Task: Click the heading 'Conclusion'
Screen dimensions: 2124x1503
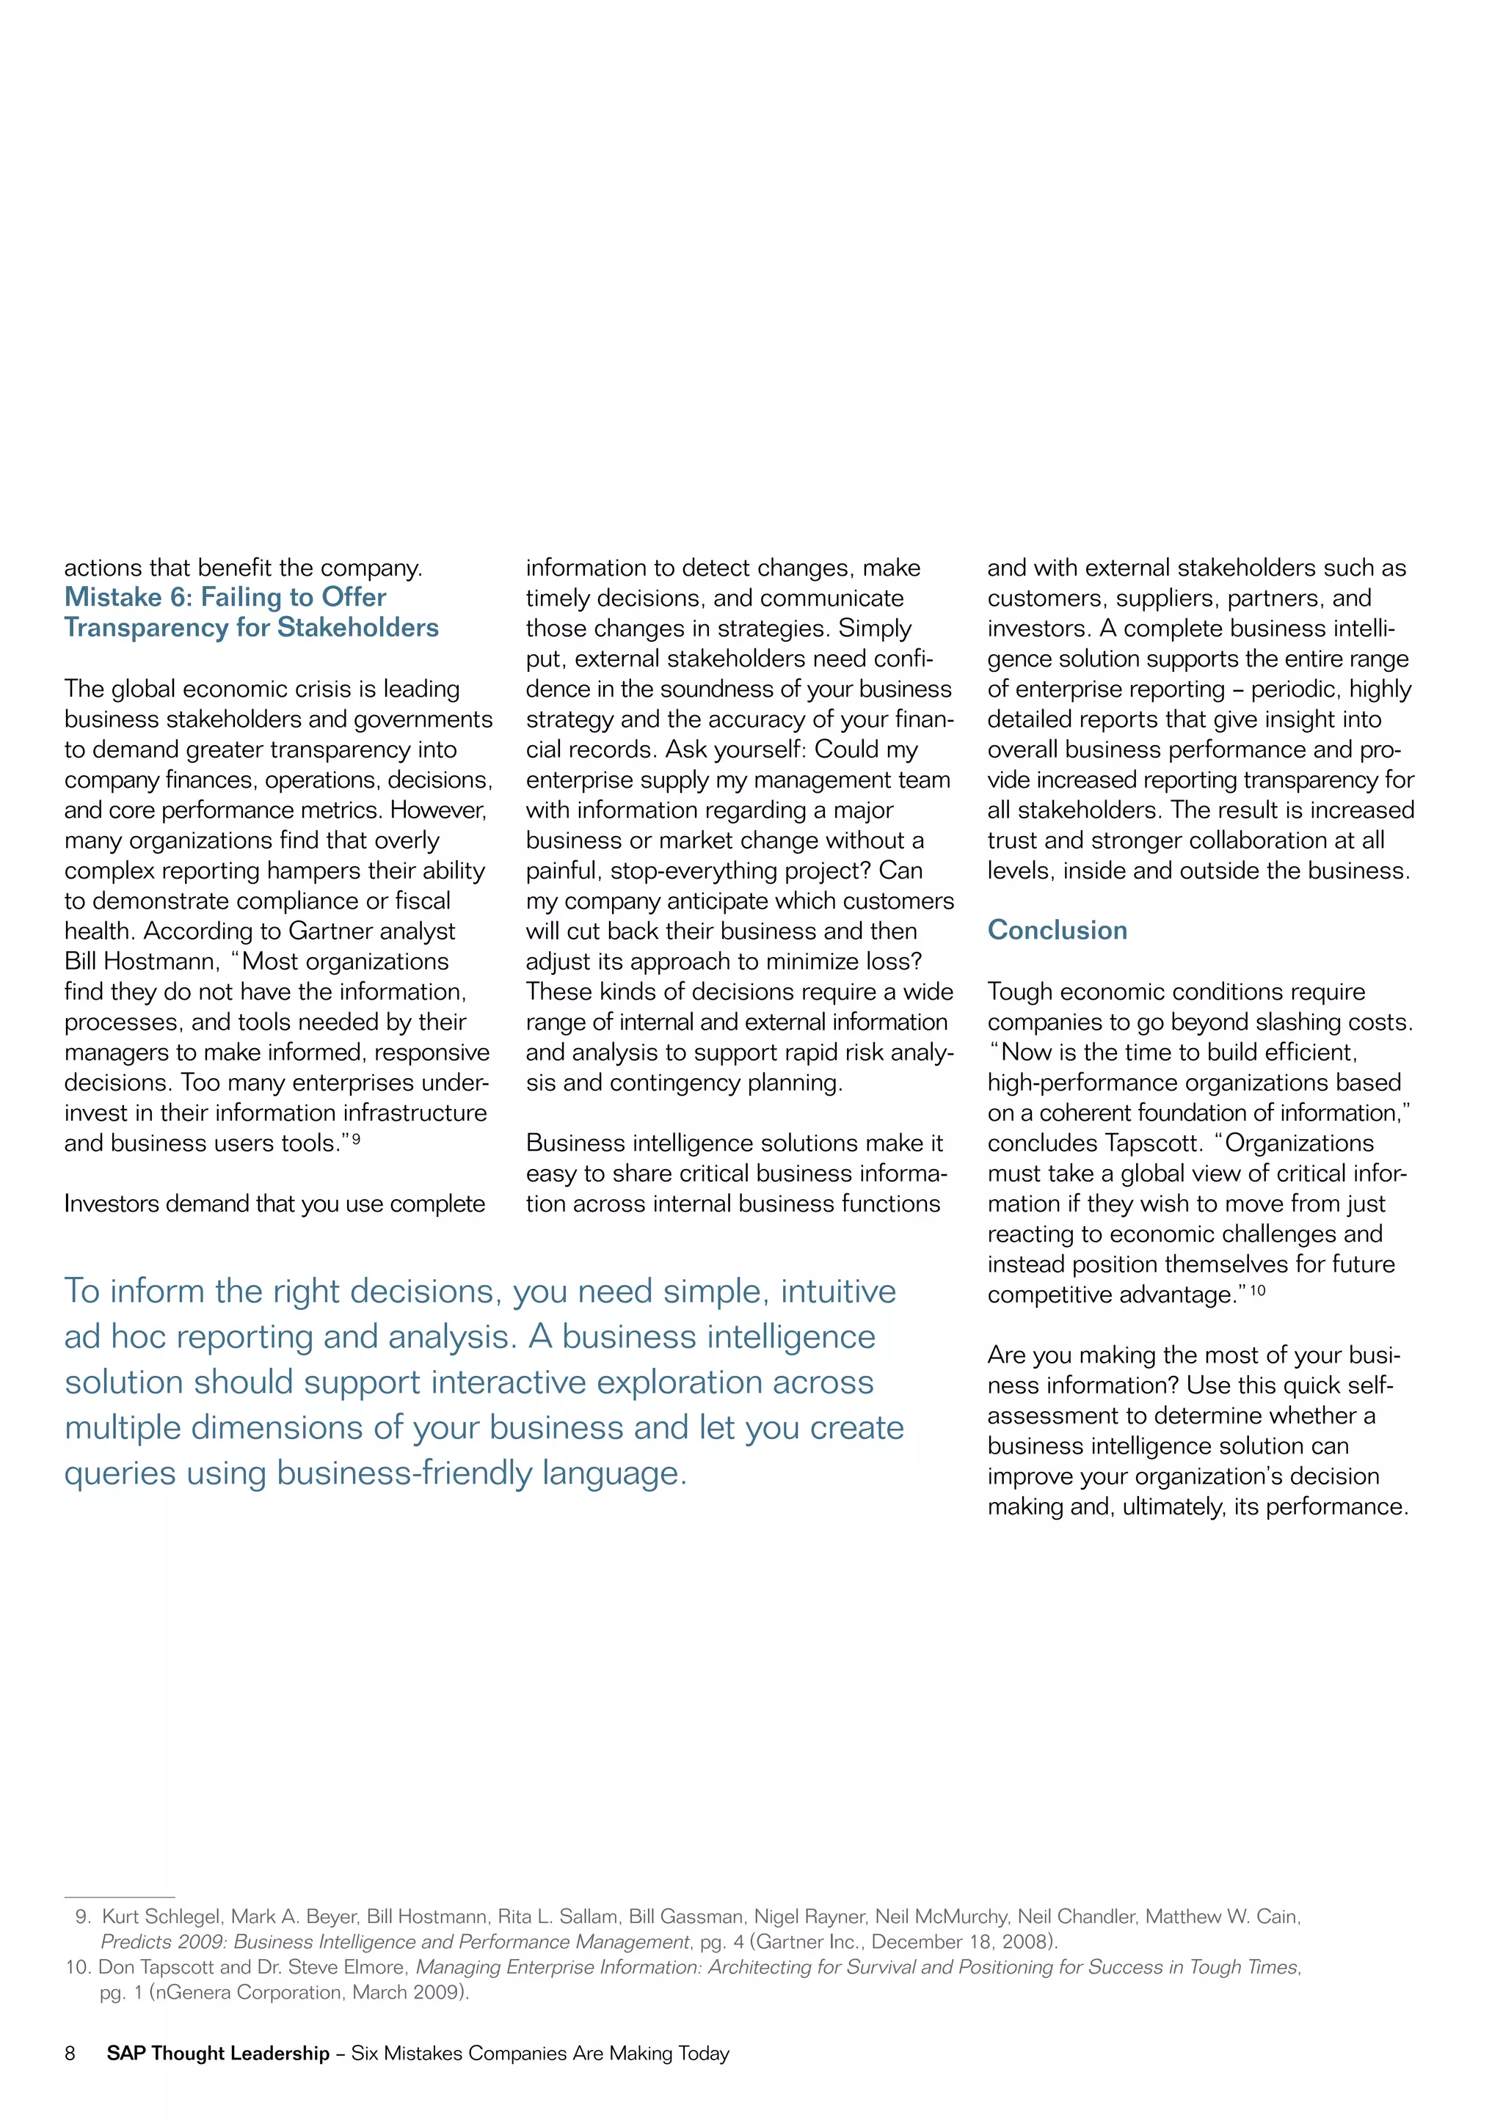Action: click(1057, 930)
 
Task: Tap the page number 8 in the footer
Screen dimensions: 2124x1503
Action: click(70, 2054)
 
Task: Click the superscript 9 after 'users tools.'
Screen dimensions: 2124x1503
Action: click(357, 1140)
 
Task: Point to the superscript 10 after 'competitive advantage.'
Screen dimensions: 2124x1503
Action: click(1257, 1291)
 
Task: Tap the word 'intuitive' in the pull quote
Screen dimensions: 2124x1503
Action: click(837, 1292)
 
